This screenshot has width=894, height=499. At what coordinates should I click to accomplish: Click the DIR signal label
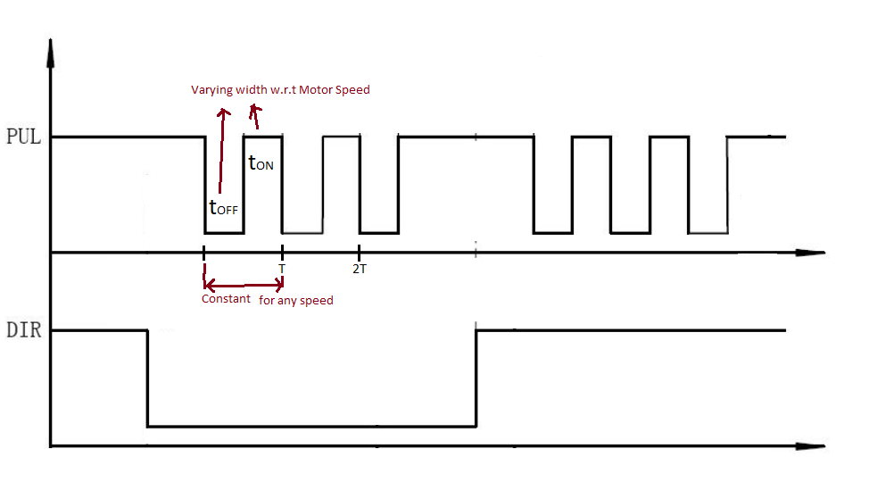[x=23, y=330]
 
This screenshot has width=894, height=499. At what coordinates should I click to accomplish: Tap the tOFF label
[x=223, y=208]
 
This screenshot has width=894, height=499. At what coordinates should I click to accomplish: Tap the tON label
[x=261, y=163]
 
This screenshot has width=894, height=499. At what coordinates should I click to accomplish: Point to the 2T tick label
[x=359, y=267]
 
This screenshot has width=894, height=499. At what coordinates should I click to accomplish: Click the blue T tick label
[x=282, y=267]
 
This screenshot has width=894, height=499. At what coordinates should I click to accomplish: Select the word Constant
[x=226, y=299]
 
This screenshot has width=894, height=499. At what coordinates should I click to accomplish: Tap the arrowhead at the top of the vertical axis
[x=52, y=54]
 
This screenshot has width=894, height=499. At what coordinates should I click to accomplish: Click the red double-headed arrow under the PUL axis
[x=244, y=285]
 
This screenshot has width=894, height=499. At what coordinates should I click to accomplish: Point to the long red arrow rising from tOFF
[x=222, y=152]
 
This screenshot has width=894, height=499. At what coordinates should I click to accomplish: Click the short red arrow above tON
[x=256, y=117]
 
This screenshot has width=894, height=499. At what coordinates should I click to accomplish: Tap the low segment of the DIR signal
[x=312, y=426]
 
